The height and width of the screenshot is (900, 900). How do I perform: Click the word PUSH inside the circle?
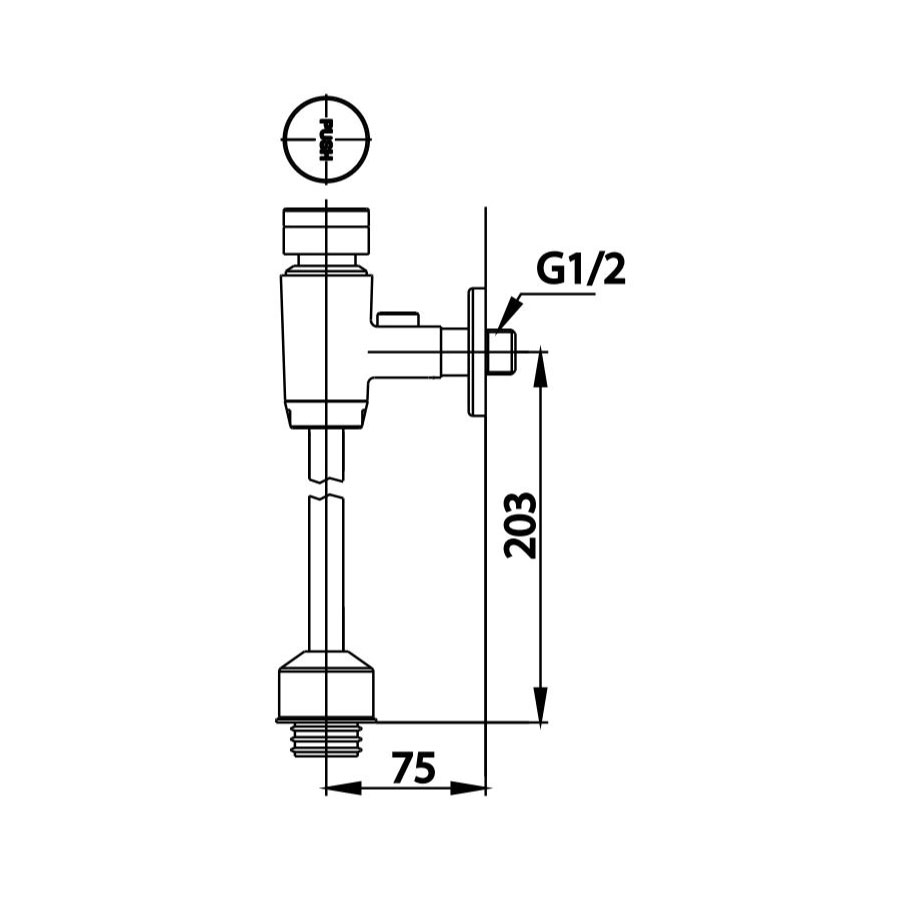pos(325,139)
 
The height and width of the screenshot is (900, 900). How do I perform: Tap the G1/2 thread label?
pos(581,269)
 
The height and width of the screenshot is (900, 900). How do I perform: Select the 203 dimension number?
pos(521,525)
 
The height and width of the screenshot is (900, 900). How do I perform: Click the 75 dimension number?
pos(413,768)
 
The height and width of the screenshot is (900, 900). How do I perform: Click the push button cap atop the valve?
pos(327,232)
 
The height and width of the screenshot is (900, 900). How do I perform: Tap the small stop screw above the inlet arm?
pos(398,319)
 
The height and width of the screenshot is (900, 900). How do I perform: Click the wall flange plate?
pos(475,352)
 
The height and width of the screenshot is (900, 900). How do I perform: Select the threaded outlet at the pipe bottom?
pos(327,741)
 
